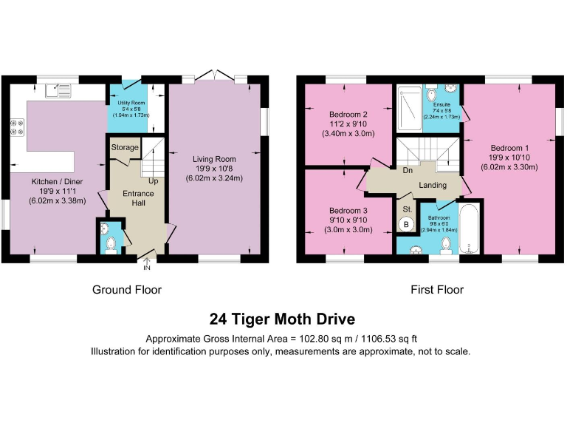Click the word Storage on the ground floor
tap(125, 148)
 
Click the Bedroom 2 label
tap(348, 115)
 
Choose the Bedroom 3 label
tap(348, 211)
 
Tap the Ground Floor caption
tap(126, 289)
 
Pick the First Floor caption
tap(437, 289)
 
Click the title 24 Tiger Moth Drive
tap(283, 319)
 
